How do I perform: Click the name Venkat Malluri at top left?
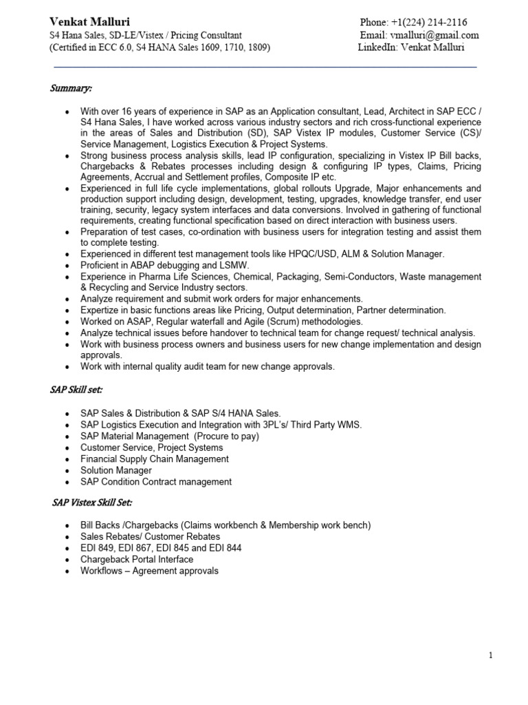89,22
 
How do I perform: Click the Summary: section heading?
71,88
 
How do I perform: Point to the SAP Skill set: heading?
76,390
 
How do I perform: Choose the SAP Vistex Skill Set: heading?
92,503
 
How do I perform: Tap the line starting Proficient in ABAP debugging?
164,265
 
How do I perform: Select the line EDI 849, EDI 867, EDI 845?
161,548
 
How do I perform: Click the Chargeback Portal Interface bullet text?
137,560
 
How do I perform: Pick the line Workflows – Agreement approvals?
149,571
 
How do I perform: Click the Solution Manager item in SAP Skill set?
116,470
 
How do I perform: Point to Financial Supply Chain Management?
155,459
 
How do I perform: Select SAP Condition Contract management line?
156,482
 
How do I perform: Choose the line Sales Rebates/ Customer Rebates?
150,536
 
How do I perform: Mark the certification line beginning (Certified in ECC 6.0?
159,48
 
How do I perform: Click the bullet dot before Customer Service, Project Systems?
66,448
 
